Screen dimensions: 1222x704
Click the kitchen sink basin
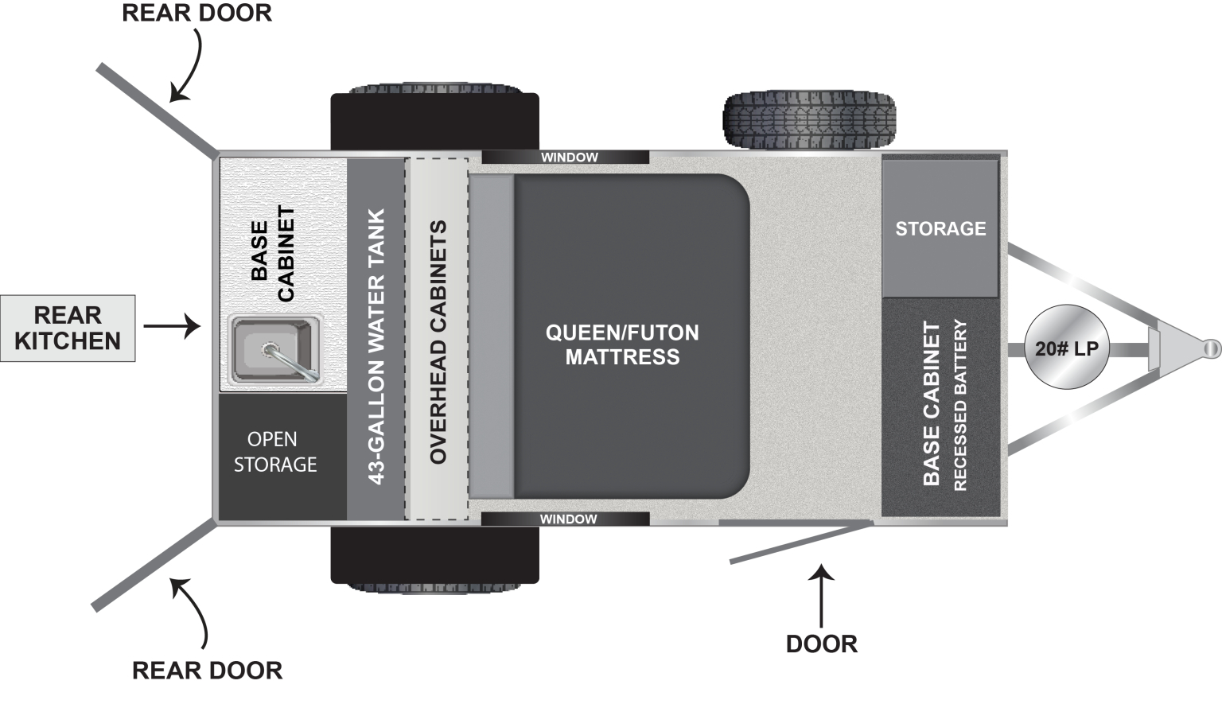point(273,349)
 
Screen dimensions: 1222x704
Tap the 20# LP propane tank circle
point(1067,347)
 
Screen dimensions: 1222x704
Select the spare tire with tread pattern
point(809,120)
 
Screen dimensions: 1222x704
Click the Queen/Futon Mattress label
point(622,344)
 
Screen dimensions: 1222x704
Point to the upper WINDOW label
point(569,157)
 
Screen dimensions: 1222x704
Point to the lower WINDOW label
point(569,519)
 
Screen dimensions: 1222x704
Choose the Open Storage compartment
point(282,457)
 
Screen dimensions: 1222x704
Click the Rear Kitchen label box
point(68,329)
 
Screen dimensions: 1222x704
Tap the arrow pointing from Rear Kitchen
point(173,326)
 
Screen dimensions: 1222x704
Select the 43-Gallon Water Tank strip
point(376,339)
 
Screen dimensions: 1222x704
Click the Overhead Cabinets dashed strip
point(437,339)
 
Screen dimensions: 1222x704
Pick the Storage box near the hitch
point(940,228)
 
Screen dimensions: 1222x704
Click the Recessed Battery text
point(960,405)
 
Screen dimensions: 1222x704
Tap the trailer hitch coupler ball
point(1212,348)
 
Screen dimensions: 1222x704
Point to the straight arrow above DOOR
point(821,596)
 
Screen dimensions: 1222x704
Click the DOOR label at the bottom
point(822,644)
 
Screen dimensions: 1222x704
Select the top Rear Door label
point(197,13)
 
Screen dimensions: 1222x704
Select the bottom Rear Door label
point(208,670)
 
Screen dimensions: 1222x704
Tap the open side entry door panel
point(801,542)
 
